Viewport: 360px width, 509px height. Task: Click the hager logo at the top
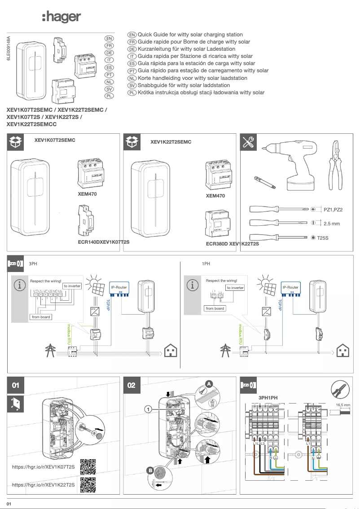61,18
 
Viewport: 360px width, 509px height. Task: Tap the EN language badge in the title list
109,39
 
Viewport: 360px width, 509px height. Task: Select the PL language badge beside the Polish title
109,96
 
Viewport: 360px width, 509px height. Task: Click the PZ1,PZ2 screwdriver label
333,210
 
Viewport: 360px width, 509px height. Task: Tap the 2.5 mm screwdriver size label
332,224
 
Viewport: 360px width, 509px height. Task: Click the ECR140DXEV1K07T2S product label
104,242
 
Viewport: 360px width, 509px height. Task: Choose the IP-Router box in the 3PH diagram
119,288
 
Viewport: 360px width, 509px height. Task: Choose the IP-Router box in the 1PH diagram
290,288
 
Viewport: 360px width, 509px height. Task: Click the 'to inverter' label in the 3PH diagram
72,286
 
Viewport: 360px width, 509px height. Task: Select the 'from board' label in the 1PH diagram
215,308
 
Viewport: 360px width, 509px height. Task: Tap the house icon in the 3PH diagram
171,350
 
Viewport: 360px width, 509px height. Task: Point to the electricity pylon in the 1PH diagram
224,350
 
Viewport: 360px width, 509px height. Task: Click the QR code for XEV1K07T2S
88,467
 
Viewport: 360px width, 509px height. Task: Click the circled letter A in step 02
209,383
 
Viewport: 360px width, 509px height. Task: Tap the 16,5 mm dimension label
343,405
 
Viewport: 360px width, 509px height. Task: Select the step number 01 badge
16,385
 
